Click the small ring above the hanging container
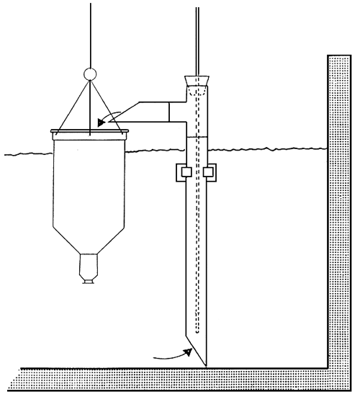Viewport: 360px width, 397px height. [x=90, y=73]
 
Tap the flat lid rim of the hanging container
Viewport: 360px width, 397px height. [x=90, y=131]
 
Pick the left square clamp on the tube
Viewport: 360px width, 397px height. [x=181, y=172]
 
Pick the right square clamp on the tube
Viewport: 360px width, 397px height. [x=210, y=172]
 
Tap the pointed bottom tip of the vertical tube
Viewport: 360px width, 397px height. [x=206, y=364]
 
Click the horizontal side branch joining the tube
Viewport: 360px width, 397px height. [x=176, y=112]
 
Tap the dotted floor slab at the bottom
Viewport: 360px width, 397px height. [x=180, y=377]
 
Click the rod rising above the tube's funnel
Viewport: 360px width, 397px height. [x=196, y=36]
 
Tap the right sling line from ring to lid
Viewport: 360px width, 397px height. [x=109, y=104]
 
